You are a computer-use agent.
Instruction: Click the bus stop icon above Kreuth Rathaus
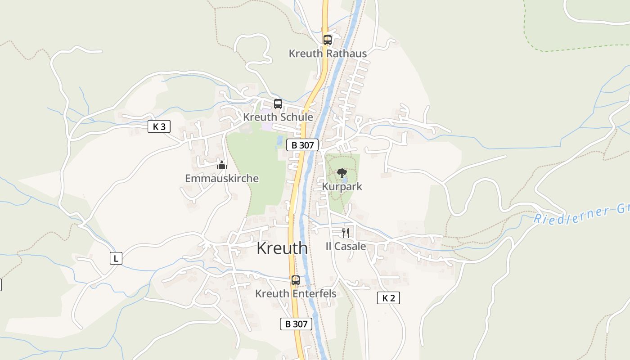pyautogui.click(x=327, y=40)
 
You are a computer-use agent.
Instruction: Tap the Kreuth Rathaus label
pyautogui.click(x=328, y=54)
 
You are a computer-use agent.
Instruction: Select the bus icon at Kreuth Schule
pyautogui.click(x=278, y=104)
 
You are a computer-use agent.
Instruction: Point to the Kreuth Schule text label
pyautogui.click(x=278, y=117)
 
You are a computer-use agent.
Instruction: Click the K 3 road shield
pyautogui.click(x=159, y=127)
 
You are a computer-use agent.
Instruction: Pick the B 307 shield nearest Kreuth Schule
pyautogui.click(x=302, y=145)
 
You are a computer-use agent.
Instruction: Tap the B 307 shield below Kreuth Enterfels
pyautogui.click(x=296, y=324)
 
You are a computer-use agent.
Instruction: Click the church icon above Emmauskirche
pyautogui.click(x=221, y=165)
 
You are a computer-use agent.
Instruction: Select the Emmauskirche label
pyautogui.click(x=222, y=179)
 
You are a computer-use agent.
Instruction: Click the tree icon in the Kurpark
pyautogui.click(x=342, y=173)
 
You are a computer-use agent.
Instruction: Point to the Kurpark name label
pyautogui.click(x=342, y=186)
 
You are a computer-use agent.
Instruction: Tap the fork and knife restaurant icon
pyautogui.click(x=346, y=233)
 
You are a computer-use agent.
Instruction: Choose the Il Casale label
pyautogui.click(x=346, y=247)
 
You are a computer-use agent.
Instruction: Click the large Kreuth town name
pyautogui.click(x=282, y=248)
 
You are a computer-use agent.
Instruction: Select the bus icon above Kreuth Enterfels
pyautogui.click(x=295, y=280)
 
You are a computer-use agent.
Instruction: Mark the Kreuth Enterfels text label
pyautogui.click(x=296, y=294)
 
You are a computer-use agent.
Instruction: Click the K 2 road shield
pyautogui.click(x=388, y=298)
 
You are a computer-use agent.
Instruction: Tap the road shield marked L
pyautogui.click(x=116, y=259)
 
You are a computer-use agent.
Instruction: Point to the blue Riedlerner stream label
pyautogui.click(x=580, y=214)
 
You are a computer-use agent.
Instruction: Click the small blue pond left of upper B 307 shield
pyautogui.click(x=280, y=139)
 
